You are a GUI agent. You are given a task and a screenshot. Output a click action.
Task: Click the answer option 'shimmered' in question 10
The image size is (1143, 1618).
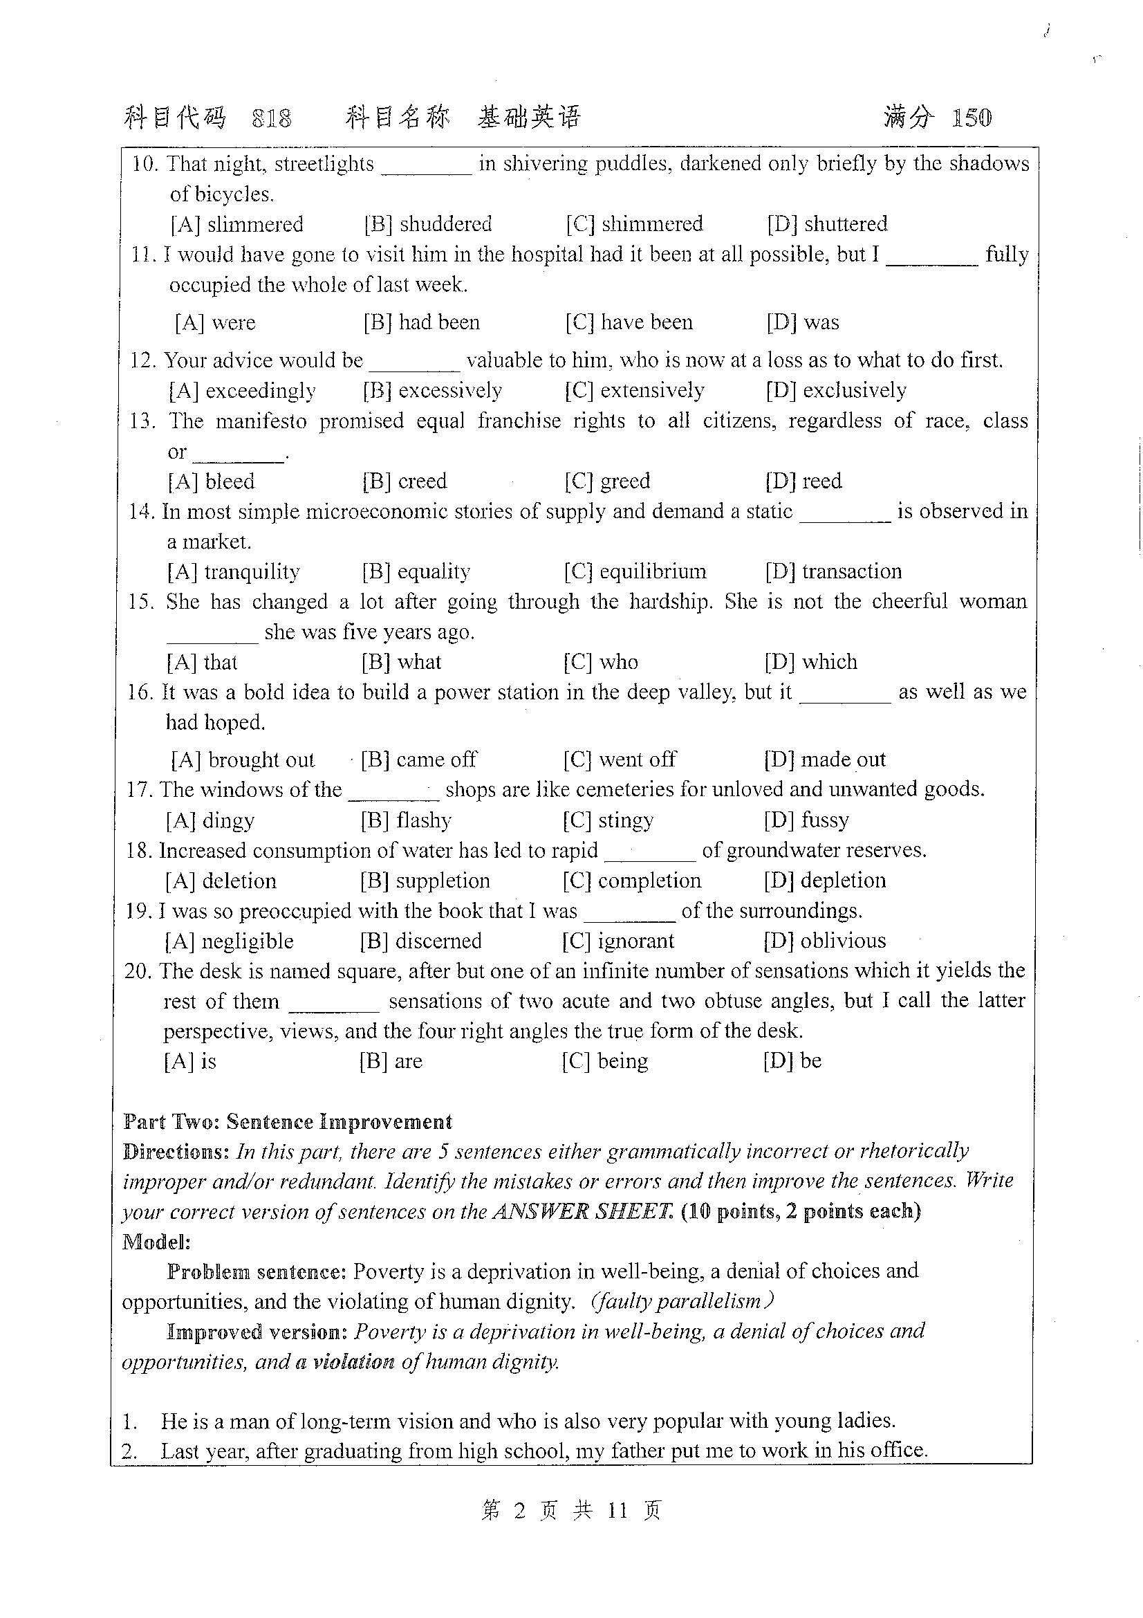652,224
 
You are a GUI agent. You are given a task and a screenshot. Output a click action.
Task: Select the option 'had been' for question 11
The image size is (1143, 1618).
439,323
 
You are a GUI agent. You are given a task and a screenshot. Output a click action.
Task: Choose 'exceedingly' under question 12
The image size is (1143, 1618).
261,390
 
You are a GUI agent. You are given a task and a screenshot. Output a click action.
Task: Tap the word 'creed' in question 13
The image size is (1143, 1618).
422,481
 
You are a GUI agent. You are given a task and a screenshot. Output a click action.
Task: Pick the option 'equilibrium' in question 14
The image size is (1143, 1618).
652,571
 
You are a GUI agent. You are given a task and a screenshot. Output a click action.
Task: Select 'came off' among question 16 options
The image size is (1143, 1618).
436,760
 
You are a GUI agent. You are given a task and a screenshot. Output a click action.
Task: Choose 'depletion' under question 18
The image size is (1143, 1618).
843,881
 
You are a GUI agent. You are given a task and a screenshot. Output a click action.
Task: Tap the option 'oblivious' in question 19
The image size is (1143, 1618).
843,941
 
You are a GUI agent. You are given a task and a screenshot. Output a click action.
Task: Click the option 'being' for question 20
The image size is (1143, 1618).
622,1061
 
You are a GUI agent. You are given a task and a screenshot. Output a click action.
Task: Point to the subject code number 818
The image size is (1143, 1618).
272,118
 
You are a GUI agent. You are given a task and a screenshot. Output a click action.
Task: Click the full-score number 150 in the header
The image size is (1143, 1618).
972,117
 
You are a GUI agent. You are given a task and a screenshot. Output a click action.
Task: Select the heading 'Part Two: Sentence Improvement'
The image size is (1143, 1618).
288,1122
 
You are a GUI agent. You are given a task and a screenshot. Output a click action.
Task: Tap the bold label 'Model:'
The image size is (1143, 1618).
156,1242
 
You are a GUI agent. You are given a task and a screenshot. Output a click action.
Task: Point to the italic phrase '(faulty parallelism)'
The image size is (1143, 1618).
682,1301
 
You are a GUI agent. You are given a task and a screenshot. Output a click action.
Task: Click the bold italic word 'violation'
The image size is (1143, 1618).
353,1361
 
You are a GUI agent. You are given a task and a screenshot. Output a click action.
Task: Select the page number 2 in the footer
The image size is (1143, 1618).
520,1511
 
